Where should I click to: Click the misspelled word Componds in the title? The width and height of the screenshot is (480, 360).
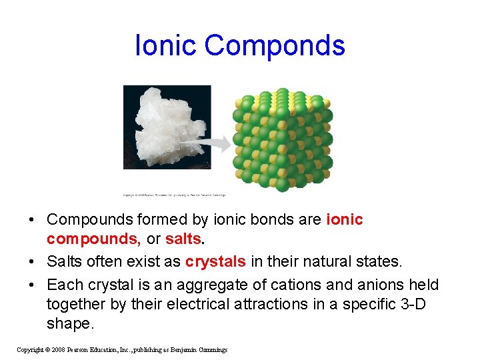275,45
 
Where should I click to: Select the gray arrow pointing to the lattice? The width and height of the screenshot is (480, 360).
214,142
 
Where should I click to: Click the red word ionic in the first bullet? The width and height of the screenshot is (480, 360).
345,219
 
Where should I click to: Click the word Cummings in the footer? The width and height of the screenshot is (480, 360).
209,350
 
